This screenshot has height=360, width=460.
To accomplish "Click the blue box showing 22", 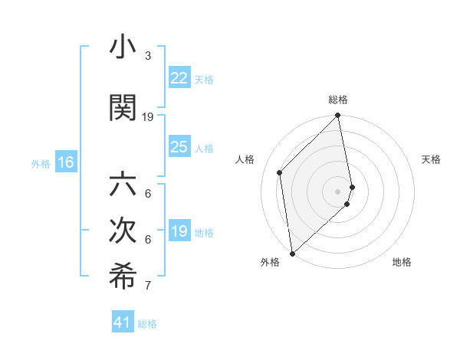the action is coord(179,78).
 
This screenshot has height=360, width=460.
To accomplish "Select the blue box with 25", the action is coord(179,147).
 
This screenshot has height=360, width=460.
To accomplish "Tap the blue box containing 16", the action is coord(66,162).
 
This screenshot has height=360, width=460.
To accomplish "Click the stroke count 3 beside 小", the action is coord(148,56).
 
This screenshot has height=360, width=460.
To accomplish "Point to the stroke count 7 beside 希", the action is coord(148,286).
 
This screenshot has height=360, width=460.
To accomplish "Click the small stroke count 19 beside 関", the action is coord(148,116).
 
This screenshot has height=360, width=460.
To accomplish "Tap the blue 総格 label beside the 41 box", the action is coord(147,324).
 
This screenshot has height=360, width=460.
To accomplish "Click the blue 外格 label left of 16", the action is coord(41,163).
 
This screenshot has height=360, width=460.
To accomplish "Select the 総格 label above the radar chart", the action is coord(338,100).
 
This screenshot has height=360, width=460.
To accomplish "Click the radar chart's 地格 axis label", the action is coord(402,262).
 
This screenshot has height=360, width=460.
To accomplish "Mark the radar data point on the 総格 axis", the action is coord(338,116).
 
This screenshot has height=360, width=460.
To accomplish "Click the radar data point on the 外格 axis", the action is coord(292,253).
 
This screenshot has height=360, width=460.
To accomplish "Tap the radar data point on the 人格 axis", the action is coord(280,172).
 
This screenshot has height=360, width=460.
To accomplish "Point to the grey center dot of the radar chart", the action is coord(338,191).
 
